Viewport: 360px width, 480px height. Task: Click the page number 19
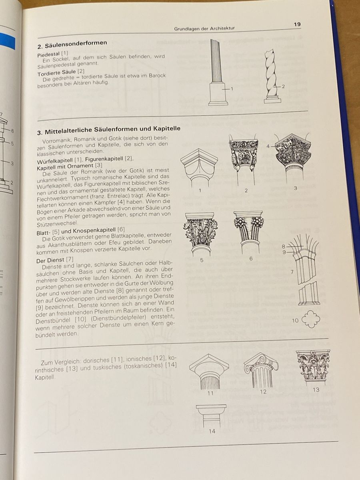pyautogui.click(x=297, y=24)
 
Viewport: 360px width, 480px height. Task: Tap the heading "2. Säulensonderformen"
pyautogui.click(x=72, y=44)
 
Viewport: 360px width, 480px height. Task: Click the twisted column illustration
pyautogui.click(x=272, y=76)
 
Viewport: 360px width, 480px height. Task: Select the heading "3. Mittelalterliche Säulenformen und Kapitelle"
pyautogui.click(x=109, y=130)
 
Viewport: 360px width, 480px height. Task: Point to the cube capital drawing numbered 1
pyautogui.click(x=199, y=167)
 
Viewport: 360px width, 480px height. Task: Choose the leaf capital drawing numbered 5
pyautogui.click(x=200, y=234)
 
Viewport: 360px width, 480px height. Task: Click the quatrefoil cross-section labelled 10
pyautogui.click(x=311, y=319)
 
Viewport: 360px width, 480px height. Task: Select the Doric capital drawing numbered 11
pyautogui.click(x=209, y=372)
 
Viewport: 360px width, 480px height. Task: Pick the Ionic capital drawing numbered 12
pyautogui.click(x=261, y=370)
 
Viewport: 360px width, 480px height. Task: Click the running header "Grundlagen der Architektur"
pyautogui.click(x=204, y=28)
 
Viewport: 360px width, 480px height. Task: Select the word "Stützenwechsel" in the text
pyautogui.click(x=57, y=224)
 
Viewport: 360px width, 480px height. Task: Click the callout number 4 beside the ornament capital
pyautogui.click(x=268, y=146)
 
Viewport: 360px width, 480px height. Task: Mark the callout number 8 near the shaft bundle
pyautogui.click(x=284, y=247)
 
